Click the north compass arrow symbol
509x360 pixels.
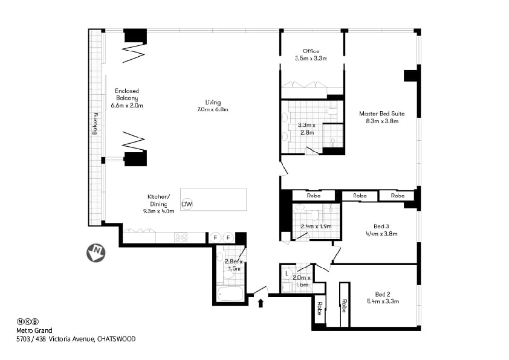(x=96, y=252)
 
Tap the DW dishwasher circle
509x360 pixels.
(x=187, y=204)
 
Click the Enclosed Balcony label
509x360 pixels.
(x=127, y=98)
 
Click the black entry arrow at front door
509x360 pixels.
(x=261, y=302)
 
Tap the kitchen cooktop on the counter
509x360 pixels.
(x=180, y=237)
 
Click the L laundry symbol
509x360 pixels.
(x=287, y=273)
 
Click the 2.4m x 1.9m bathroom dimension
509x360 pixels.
(x=316, y=227)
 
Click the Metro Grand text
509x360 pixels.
(x=34, y=330)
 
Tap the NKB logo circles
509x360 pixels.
(x=27, y=321)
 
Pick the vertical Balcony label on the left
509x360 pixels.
(x=95, y=124)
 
